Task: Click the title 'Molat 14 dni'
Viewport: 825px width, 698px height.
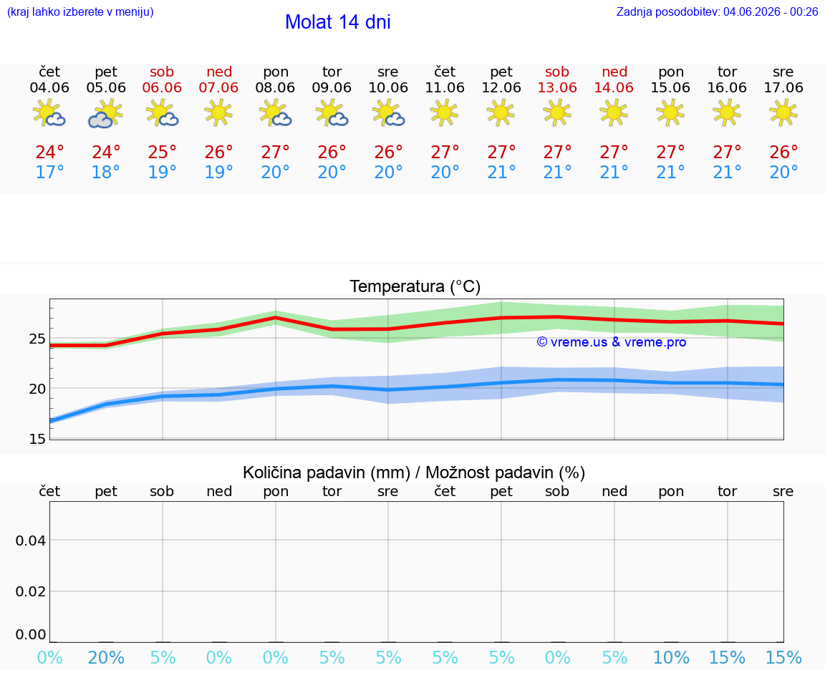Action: point(338,22)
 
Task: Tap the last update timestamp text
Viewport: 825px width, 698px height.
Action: point(717,12)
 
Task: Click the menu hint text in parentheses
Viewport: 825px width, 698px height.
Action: point(80,12)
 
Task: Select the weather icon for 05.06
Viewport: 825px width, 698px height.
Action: point(106,114)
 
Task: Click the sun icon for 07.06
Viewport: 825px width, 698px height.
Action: point(218,112)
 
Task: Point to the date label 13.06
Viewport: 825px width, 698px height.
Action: point(557,88)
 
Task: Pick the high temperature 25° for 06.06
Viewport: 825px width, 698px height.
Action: point(162,152)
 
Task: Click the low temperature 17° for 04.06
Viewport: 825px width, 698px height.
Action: point(49,172)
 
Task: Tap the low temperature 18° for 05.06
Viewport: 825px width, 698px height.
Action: point(106,172)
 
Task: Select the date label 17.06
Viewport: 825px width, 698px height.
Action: point(783,88)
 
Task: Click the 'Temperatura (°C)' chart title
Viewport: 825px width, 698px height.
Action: point(415,286)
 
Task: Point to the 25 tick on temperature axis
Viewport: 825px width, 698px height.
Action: point(37,339)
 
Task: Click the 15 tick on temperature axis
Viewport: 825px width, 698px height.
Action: point(37,439)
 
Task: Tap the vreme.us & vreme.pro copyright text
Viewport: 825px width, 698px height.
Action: point(612,342)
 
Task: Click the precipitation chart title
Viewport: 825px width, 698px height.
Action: point(413,473)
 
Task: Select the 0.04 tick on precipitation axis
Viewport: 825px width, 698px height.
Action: point(31,541)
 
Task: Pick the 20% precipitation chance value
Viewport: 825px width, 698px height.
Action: point(106,658)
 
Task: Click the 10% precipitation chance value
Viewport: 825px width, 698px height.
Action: point(671,658)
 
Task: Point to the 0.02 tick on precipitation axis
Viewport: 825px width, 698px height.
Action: point(31,592)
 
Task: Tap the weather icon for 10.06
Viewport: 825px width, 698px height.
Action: point(388,113)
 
